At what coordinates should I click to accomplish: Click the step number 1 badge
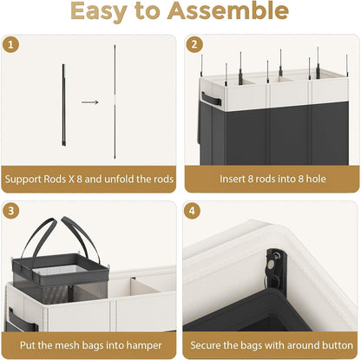[x=10, y=45]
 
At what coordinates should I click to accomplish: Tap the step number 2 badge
[x=194, y=44]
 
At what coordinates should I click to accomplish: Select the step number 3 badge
[x=10, y=211]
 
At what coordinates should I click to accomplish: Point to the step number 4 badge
[x=192, y=211]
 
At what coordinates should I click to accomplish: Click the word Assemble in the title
[x=228, y=10]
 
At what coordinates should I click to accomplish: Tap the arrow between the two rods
[x=89, y=102]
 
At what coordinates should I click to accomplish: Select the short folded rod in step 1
[x=63, y=105]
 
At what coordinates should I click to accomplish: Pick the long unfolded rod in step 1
[x=115, y=101]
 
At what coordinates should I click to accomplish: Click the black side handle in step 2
[x=211, y=99]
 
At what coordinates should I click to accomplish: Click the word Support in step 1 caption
[x=23, y=180]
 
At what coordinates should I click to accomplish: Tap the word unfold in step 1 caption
[x=119, y=179]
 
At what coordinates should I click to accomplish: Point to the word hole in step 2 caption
[x=316, y=179]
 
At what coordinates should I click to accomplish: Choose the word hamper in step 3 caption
[x=144, y=346]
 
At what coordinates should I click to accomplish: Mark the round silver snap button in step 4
[x=272, y=264]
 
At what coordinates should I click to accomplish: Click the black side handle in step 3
[x=23, y=320]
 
